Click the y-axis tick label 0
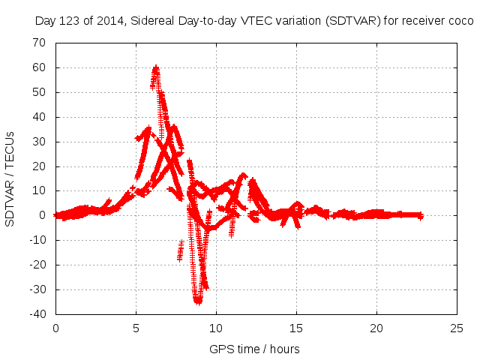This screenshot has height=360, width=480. pyautogui.click(x=43, y=215)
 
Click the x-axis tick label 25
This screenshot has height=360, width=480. pyautogui.click(x=457, y=328)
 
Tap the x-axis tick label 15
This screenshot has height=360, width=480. pyautogui.click(x=296, y=328)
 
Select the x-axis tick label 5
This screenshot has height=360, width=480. pyautogui.click(x=136, y=328)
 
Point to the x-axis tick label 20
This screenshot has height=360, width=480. pyautogui.click(x=376, y=328)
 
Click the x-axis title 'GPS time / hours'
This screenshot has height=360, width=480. pyautogui.click(x=254, y=349)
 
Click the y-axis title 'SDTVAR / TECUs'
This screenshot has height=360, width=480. pyautogui.click(x=10, y=178)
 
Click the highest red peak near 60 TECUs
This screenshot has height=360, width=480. pyautogui.click(x=155, y=68)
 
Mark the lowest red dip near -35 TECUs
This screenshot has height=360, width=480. pyautogui.click(x=198, y=301)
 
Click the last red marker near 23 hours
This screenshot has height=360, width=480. pyautogui.click(x=421, y=215)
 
